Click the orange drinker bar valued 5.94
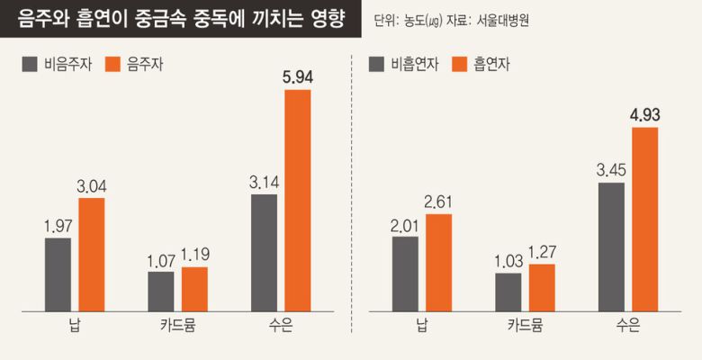pos(297,201)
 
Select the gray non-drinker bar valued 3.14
pos(264,253)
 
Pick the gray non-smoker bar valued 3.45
pos(610,247)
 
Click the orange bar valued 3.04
pos(91,255)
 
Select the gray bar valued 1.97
pos(58,274)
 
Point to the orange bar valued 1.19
pos(194,289)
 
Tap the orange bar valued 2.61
pos(438,263)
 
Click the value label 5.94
pos(297,77)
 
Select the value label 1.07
pos(160,260)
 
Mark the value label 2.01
pos(405,225)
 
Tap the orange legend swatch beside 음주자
pos(112,64)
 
